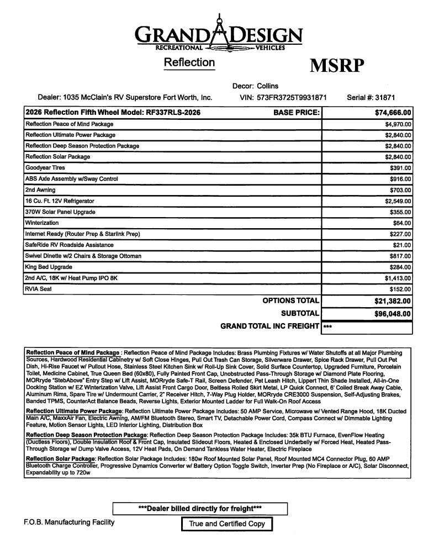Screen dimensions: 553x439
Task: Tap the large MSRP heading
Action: tap(337, 65)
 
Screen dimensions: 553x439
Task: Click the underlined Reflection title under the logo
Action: tap(189, 62)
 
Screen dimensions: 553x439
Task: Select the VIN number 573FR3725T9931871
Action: tap(292, 97)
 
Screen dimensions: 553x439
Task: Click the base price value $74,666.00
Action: tap(393, 113)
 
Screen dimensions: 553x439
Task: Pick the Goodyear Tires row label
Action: tap(45, 168)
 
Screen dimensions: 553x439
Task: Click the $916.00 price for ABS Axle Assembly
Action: tap(400, 179)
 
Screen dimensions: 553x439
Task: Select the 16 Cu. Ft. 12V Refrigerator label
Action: tap(60, 201)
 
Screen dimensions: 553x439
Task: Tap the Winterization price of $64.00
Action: tap(402, 223)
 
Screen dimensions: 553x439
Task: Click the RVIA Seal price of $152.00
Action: tap(400, 289)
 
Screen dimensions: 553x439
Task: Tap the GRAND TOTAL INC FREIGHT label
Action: tap(269, 326)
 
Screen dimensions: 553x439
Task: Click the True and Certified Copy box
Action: tap(227, 524)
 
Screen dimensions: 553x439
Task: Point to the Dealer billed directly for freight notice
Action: tap(200, 508)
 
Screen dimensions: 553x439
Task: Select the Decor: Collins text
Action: tap(255, 86)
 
